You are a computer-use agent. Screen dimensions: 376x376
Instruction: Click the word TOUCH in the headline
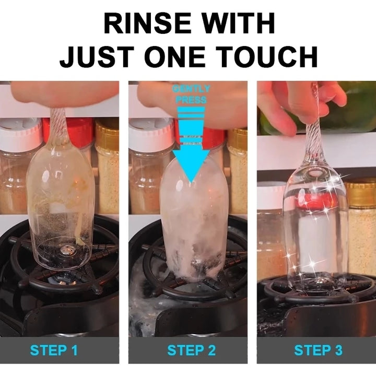click(271, 57)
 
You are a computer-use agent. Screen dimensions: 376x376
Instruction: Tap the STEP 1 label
click(54, 350)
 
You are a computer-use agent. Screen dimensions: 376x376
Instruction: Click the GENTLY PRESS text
click(191, 95)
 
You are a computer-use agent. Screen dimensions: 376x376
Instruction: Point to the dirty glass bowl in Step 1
click(61, 209)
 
